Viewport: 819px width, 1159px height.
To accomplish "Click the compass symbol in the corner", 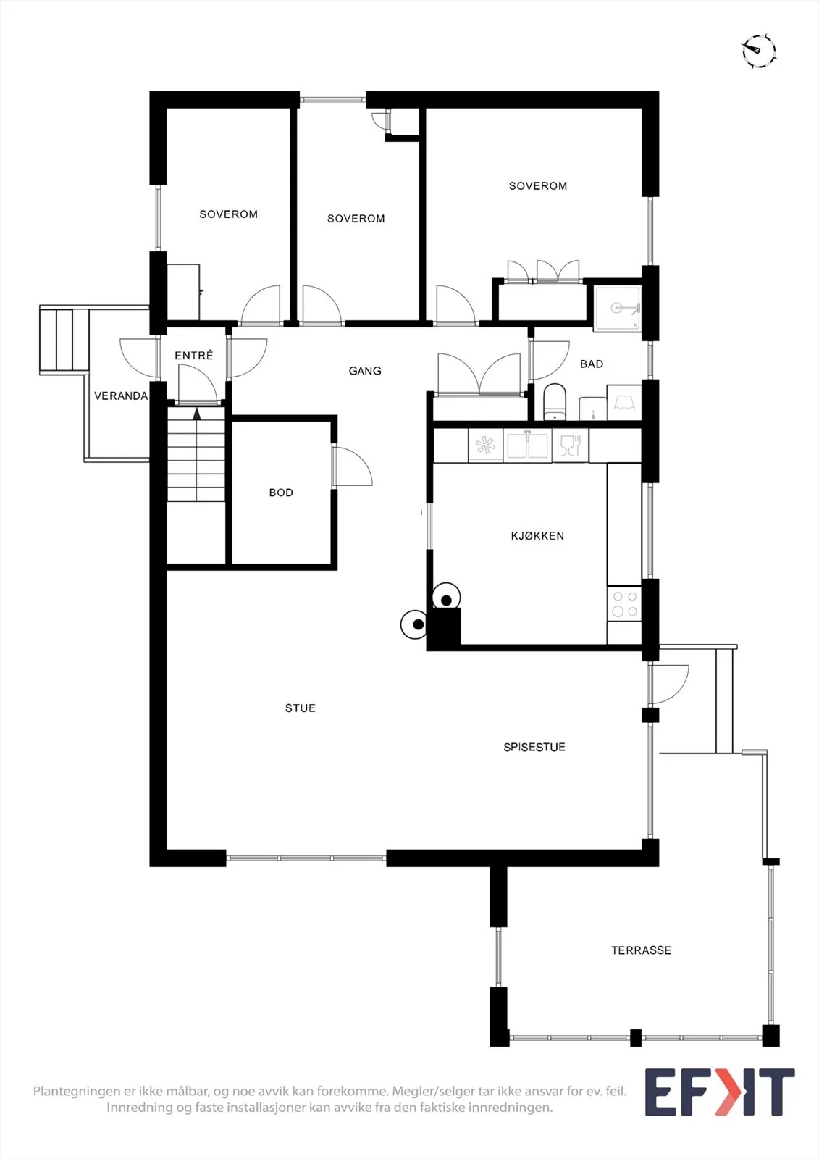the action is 758,51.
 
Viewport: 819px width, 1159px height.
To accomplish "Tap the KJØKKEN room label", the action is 537,536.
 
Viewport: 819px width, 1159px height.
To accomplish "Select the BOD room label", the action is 281,493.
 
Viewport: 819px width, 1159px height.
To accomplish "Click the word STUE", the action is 300,708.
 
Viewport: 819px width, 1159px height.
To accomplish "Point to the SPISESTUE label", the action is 534,747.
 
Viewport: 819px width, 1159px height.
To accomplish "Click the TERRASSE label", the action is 641,950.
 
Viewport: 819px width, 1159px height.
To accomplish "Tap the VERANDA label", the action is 120,396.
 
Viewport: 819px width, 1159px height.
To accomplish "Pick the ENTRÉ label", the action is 193,356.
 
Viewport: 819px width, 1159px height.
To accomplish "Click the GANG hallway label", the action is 365,370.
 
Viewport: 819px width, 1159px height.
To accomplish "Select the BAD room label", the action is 592,364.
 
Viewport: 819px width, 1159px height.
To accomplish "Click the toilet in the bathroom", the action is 555,402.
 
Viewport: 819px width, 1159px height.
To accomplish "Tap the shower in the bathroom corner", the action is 618,309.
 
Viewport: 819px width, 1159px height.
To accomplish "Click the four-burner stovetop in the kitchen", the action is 624,604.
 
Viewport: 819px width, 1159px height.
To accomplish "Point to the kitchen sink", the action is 527,445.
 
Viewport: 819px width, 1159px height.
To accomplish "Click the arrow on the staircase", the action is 196,413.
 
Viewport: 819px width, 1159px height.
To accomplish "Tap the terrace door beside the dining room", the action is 668,685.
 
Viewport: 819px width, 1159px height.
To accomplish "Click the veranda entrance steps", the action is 64,340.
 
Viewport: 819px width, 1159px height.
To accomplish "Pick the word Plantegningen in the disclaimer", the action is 77,1091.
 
